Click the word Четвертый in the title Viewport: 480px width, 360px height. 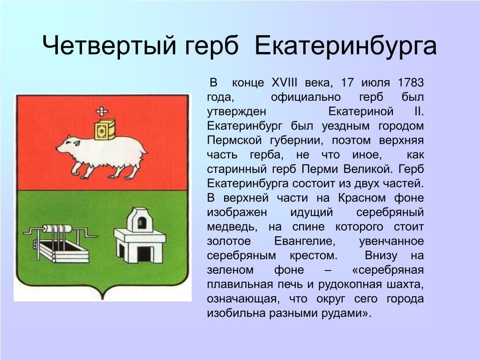point(109,46)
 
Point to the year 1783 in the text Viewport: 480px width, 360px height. point(411,82)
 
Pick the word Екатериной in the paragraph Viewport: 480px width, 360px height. point(360,112)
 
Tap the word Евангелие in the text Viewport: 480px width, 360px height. point(305,241)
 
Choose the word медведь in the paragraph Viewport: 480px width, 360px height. point(232,227)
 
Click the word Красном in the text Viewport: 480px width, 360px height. point(362,198)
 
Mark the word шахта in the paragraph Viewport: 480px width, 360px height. point(407,285)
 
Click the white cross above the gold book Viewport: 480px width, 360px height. point(102,112)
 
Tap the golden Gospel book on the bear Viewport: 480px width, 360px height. point(105,129)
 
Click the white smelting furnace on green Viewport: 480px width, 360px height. point(140,235)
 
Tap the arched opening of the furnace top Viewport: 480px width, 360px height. point(141,223)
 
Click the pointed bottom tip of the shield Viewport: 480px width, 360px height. point(103,299)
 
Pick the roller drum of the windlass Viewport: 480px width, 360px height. point(57,229)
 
